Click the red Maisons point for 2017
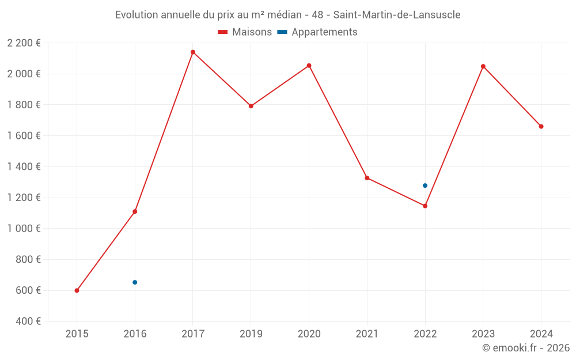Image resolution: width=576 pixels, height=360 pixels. [193, 52]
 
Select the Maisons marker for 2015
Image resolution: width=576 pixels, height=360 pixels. [77, 290]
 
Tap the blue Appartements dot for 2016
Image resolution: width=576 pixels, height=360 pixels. [135, 282]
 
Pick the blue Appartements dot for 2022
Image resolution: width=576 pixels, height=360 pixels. [425, 185]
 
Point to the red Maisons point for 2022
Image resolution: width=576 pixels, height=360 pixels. [425, 206]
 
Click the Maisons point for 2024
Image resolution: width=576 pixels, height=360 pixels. [541, 126]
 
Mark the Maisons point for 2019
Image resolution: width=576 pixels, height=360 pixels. [251, 106]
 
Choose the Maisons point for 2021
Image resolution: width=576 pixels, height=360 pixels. [367, 178]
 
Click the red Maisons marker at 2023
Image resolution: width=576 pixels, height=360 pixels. [483, 66]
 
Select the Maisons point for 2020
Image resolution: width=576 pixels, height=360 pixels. [309, 66]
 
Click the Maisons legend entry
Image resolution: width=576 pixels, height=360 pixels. [245, 32]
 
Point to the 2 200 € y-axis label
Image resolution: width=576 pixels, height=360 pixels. [24, 43]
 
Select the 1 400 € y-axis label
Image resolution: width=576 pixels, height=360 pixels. [24, 166]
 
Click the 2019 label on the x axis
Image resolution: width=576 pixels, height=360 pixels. [251, 334]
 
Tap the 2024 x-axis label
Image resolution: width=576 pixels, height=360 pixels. [541, 334]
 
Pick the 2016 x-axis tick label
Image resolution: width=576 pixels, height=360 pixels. [135, 334]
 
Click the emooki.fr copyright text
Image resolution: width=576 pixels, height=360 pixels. [525, 348]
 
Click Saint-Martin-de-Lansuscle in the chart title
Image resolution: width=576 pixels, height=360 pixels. [397, 15]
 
